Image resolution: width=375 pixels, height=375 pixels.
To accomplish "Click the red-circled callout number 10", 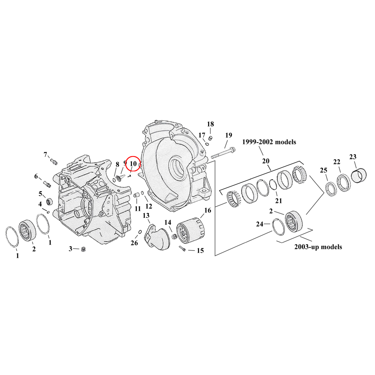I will pyautogui.click(x=133, y=164).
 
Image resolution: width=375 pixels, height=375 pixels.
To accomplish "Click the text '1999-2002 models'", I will pyautogui.click(x=269, y=142).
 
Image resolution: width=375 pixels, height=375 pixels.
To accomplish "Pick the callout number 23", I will pyautogui.click(x=353, y=157).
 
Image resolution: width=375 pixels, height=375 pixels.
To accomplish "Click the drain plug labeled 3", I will pyautogui.click(x=84, y=250).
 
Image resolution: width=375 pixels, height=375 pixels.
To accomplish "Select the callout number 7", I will pyautogui.click(x=46, y=154).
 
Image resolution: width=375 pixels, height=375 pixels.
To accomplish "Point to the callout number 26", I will pyautogui.click(x=134, y=243).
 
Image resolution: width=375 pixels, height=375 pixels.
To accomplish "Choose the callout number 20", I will pyautogui.click(x=266, y=161).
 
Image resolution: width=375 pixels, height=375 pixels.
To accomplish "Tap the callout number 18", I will pyautogui.click(x=210, y=124).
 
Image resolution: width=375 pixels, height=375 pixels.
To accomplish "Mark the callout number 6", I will pyautogui.click(x=36, y=176).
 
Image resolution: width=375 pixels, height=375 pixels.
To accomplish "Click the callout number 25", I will pyautogui.click(x=323, y=170).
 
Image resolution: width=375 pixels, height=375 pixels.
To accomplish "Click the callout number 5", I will pyautogui.click(x=40, y=193).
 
